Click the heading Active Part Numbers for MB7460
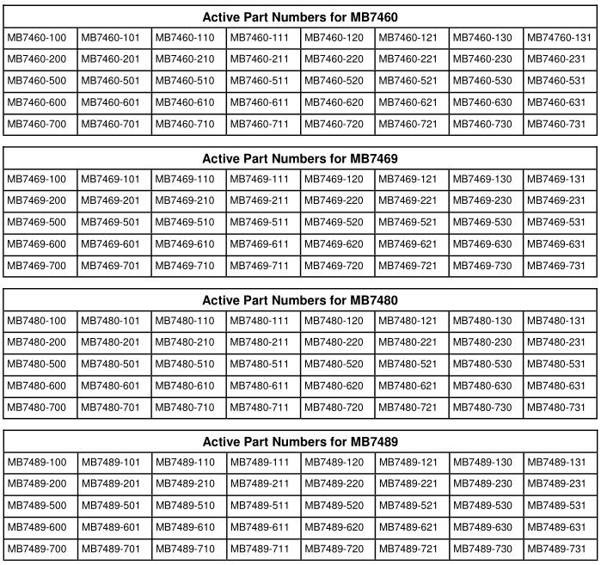(x=300, y=17)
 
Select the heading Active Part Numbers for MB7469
(x=300, y=159)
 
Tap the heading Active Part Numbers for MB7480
(x=300, y=301)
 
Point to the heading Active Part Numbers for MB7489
(x=300, y=442)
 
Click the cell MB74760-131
(x=559, y=38)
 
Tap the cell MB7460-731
(x=559, y=124)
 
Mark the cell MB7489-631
(x=559, y=527)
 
